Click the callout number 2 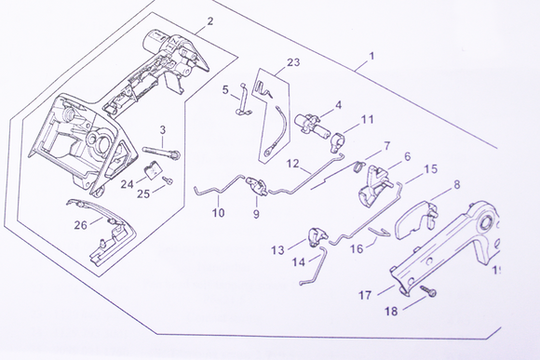209,20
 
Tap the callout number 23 293,63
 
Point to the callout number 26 81,224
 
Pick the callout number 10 219,213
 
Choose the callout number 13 278,250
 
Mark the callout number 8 457,185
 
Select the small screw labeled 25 169,180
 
